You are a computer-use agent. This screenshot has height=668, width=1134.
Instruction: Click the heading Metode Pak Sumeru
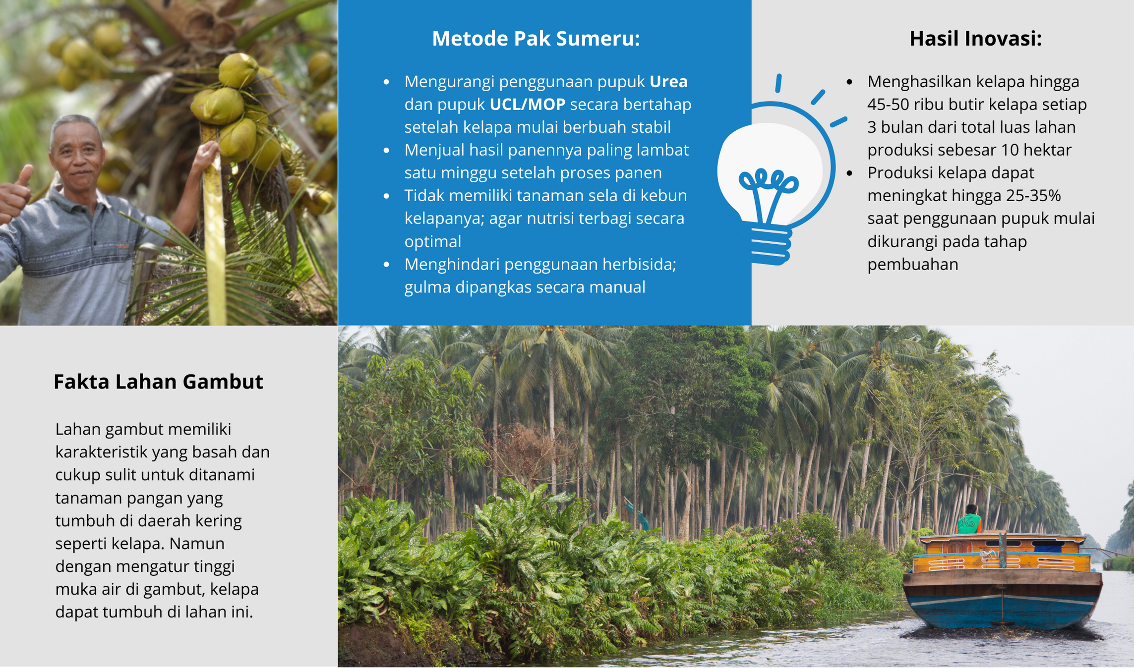[x=536, y=39]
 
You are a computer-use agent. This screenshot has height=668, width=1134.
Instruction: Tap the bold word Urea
[x=668, y=81]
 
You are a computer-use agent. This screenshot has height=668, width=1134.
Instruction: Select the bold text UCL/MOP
[x=528, y=104]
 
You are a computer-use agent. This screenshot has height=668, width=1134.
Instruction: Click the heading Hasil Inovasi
[x=975, y=39]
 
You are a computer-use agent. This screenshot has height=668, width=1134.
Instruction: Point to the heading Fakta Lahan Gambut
[x=158, y=382]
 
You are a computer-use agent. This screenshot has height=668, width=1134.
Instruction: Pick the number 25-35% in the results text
[x=1033, y=196]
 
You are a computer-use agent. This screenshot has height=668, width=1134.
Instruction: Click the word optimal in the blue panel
[x=433, y=242]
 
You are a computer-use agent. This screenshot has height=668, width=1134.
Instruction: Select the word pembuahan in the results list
[x=913, y=265]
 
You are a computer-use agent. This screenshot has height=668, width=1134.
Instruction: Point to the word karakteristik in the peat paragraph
[x=101, y=452]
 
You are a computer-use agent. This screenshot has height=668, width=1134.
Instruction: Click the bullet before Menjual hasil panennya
[x=387, y=150]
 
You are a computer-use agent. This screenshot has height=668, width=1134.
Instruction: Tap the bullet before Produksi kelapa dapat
[x=850, y=173]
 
